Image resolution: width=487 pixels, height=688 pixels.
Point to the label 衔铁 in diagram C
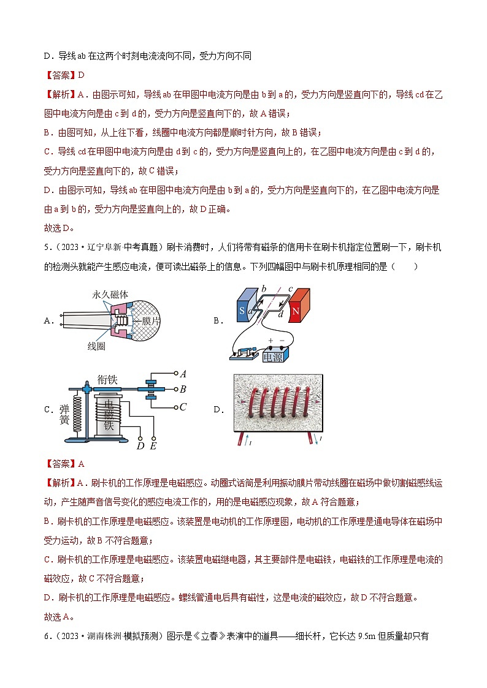click(107, 380)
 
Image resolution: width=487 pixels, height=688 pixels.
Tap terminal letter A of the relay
click(183, 373)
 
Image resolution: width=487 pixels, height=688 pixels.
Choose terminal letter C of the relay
click(183, 407)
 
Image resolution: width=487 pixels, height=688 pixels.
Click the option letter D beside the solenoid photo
click(217, 410)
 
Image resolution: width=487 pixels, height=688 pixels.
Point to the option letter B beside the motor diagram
click(217, 320)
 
